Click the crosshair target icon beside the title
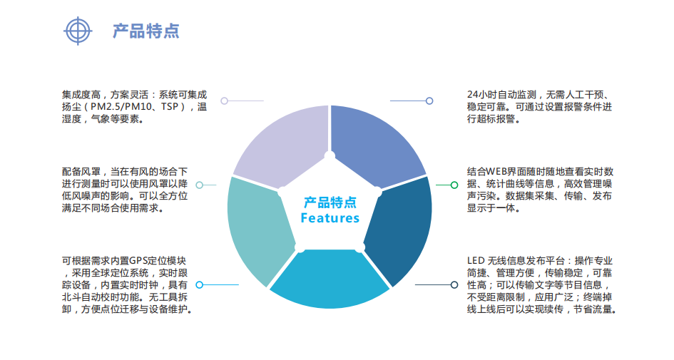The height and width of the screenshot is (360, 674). point(78,30)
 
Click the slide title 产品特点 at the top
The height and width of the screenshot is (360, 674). point(145,31)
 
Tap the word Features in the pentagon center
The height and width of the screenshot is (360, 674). point(330,217)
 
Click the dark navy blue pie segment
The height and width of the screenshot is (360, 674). point(399,228)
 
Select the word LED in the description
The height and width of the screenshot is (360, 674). point(476,260)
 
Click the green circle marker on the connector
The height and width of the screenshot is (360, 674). point(454,185)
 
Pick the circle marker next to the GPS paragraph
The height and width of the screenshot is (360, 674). point(200,284)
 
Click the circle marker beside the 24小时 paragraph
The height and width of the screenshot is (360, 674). point(429,101)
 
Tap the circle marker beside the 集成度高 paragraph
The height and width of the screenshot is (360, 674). point(224,101)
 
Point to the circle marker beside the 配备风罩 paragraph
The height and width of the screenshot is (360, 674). point(200,185)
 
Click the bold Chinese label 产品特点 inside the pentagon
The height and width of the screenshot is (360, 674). point(330,202)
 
